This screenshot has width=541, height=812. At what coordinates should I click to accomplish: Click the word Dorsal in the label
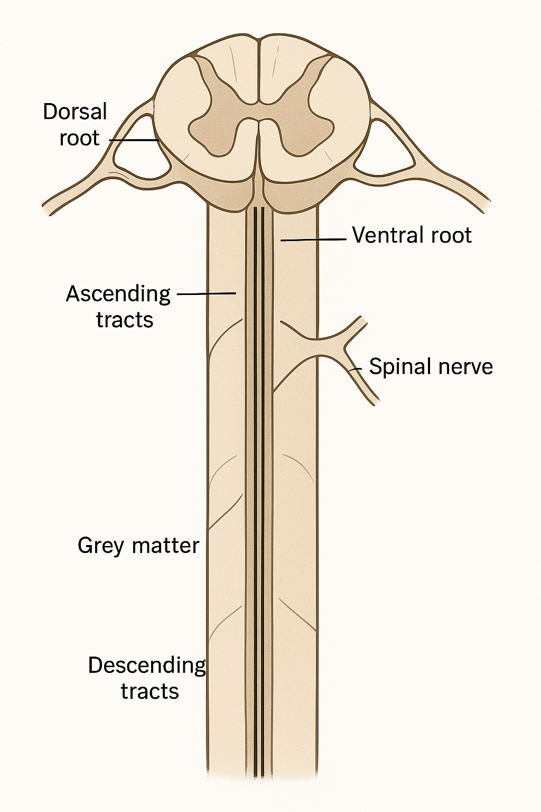pos(75,112)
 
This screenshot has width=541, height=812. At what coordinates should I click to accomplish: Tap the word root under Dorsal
pos(79,139)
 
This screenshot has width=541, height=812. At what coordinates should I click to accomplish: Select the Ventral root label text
pos(412,235)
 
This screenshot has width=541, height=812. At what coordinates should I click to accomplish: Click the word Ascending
pos(118,293)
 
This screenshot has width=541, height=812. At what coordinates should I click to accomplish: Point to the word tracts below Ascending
pos(125,320)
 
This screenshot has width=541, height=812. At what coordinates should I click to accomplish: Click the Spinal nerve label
pos(431,366)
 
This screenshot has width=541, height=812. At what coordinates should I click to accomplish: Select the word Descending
pos(147,665)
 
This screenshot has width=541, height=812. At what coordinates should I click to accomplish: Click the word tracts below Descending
pos(150,691)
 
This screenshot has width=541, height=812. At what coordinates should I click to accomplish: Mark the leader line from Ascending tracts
pos(206,292)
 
